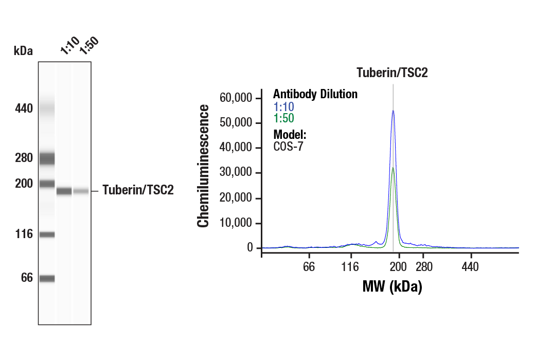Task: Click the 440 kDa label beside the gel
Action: [x=23, y=109]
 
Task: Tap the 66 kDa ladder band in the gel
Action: [x=47, y=279]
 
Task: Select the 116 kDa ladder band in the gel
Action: [x=47, y=235]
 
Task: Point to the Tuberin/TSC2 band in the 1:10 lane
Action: [x=64, y=191]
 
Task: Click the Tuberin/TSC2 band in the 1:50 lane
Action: [x=81, y=191]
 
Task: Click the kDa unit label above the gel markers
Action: [x=23, y=51]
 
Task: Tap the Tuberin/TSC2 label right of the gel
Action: [x=138, y=190]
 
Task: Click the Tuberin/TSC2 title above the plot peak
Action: [x=393, y=73]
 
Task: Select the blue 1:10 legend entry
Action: [x=283, y=107]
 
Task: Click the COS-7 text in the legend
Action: [x=288, y=146]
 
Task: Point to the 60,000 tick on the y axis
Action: [x=236, y=98]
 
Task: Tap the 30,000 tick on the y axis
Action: [x=236, y=173]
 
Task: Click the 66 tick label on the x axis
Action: [x=309, y=267]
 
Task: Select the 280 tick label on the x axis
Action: [x=423, y=267]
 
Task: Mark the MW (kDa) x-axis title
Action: [x=392, y=286]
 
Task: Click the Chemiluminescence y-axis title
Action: [x=204, y=166]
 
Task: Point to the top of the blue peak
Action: [x=393, y=111]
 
